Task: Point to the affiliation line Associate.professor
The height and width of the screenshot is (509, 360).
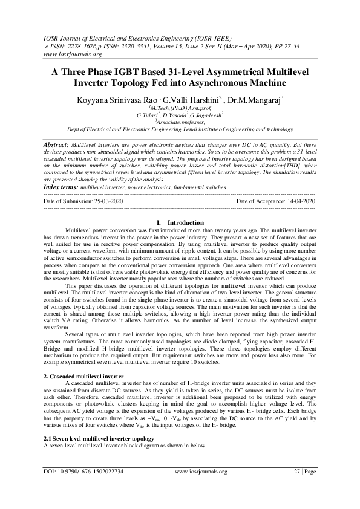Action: coord(182,120)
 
